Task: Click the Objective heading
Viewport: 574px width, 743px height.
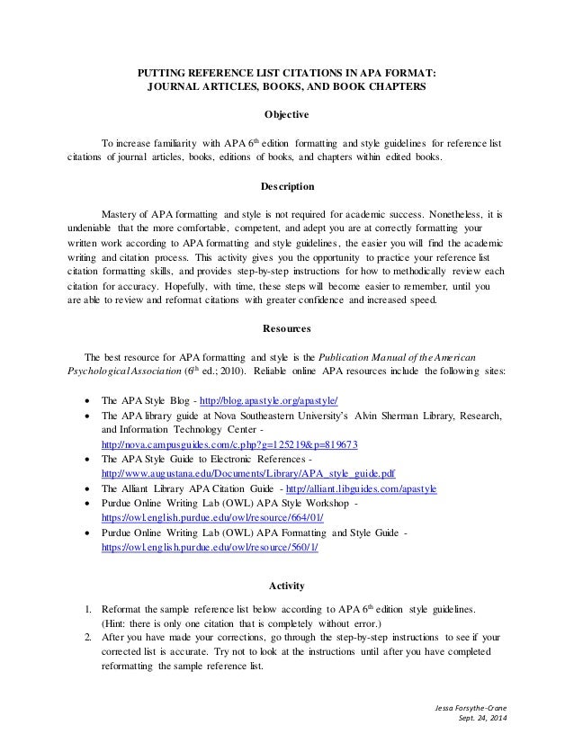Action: tap(286, 115)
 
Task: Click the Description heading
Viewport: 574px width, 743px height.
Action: tap(286, 188)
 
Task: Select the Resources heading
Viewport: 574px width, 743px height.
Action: tap(286, 328)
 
